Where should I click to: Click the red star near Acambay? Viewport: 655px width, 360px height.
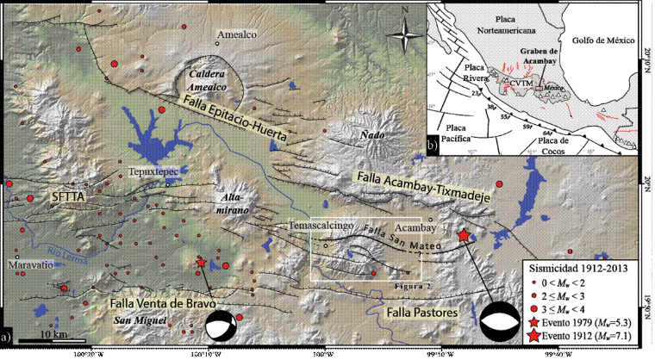point(465,235)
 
